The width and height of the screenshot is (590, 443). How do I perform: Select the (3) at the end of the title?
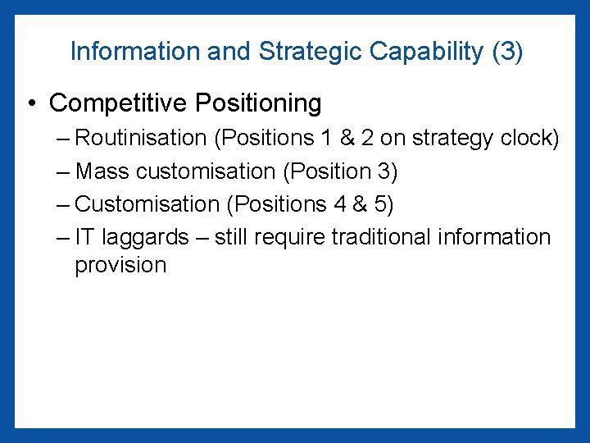(x=507, y=51)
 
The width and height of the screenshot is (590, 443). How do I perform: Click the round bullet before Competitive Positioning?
(x=30, y=104)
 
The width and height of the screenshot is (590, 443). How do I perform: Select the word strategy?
(x=453, y=138)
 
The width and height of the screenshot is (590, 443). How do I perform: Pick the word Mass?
(x=102, y=171)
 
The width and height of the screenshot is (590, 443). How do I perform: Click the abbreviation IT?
(x=84, y=237)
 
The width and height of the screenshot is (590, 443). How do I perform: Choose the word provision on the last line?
(x=120, y=266)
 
